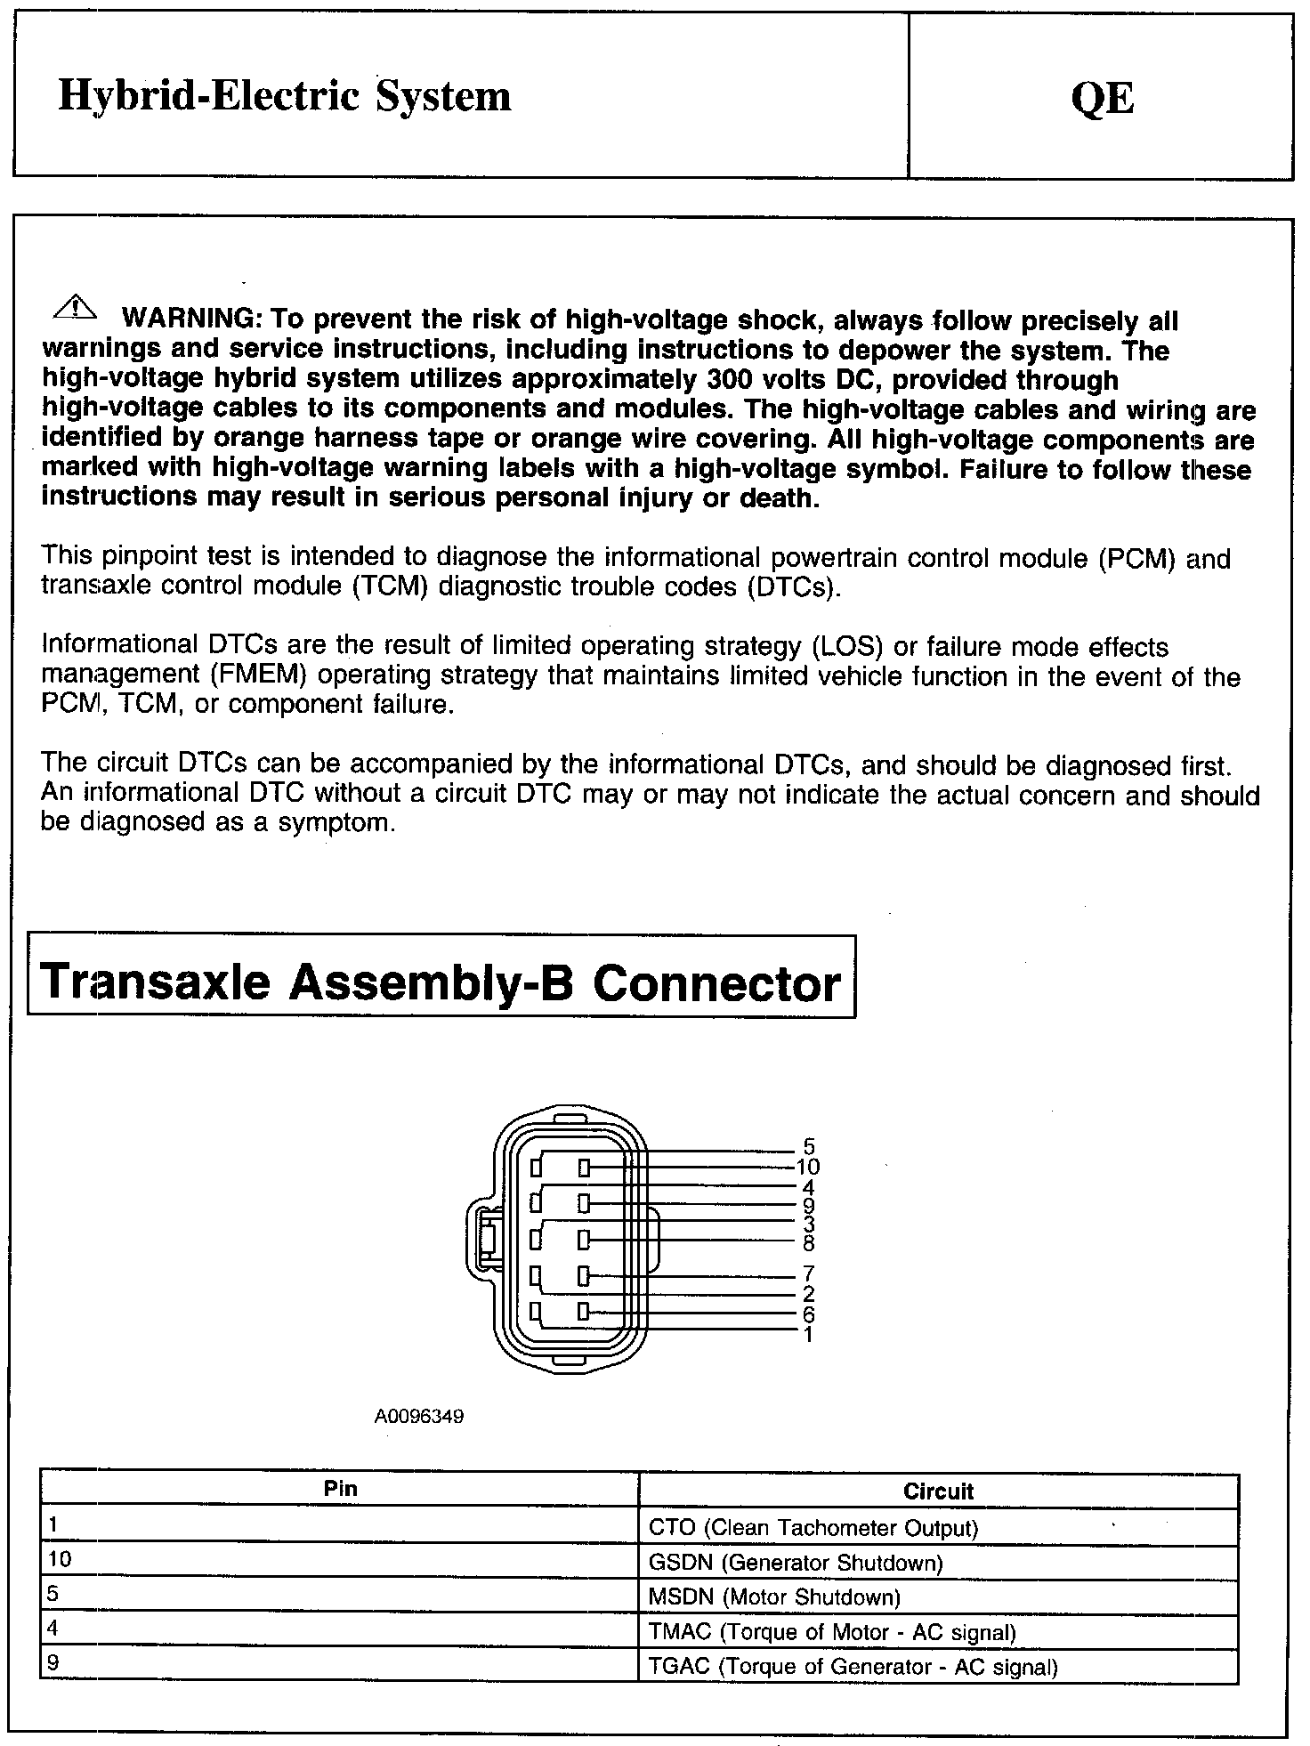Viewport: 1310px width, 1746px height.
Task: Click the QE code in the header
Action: point(1103,97)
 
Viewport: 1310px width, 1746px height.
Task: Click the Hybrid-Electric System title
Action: point(285,96)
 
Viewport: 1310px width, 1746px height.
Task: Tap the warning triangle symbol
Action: point(77,308)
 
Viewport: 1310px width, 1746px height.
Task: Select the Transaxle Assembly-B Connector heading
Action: point(441,983)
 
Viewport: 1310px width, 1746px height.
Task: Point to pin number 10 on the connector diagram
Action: point(808,1167)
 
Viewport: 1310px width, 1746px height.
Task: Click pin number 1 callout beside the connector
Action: point(808,1335)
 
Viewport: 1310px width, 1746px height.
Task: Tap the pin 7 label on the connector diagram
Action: point(808,1273)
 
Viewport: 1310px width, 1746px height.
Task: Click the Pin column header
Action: point(341,1488)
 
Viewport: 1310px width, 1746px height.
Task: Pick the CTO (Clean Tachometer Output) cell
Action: point(813,1528)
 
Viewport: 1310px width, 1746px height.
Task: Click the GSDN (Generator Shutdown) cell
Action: point(796,1563)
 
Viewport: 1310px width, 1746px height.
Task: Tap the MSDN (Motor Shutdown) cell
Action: point(774,1597)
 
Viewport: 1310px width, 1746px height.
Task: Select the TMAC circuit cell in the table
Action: point(832,1632)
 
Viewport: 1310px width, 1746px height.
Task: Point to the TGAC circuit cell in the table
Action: point(853,1667)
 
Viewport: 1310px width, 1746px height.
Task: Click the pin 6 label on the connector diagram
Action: point(808,1314)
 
